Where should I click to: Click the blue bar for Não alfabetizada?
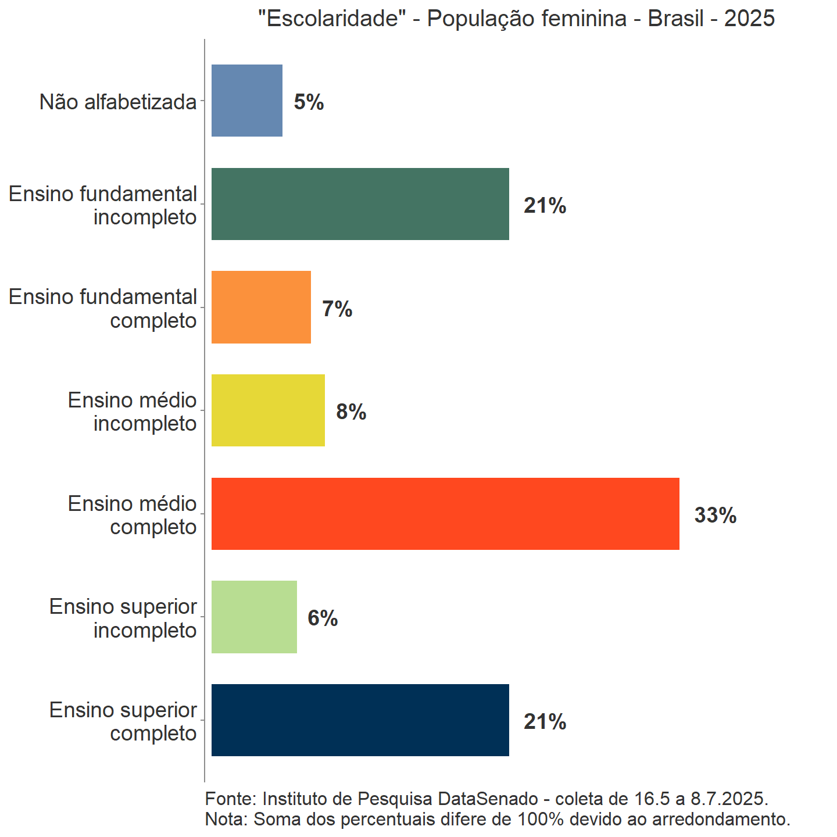point(247,101)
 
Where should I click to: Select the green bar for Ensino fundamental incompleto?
point(360,204)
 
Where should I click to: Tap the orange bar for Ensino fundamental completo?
point(261,307)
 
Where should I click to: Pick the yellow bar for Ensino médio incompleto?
point(268,410)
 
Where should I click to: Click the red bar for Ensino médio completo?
point(445,514)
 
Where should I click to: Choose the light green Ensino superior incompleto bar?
point(254,617)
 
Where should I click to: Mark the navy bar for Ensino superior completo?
point(360,720)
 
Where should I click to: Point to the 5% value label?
point(309,102)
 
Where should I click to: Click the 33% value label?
point(716,516)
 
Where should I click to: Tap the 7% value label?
point(337,309)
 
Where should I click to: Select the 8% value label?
point(351,412)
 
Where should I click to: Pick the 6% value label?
point(323,618)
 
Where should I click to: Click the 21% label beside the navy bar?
point(545,722)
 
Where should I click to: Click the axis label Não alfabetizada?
point(118,102)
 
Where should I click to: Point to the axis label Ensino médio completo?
point(133,515)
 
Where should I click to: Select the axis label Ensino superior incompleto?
point(123,618)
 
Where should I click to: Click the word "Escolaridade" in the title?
point(332,19)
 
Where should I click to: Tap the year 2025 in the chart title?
point(749,19)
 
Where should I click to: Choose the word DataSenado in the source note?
point(488,799)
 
